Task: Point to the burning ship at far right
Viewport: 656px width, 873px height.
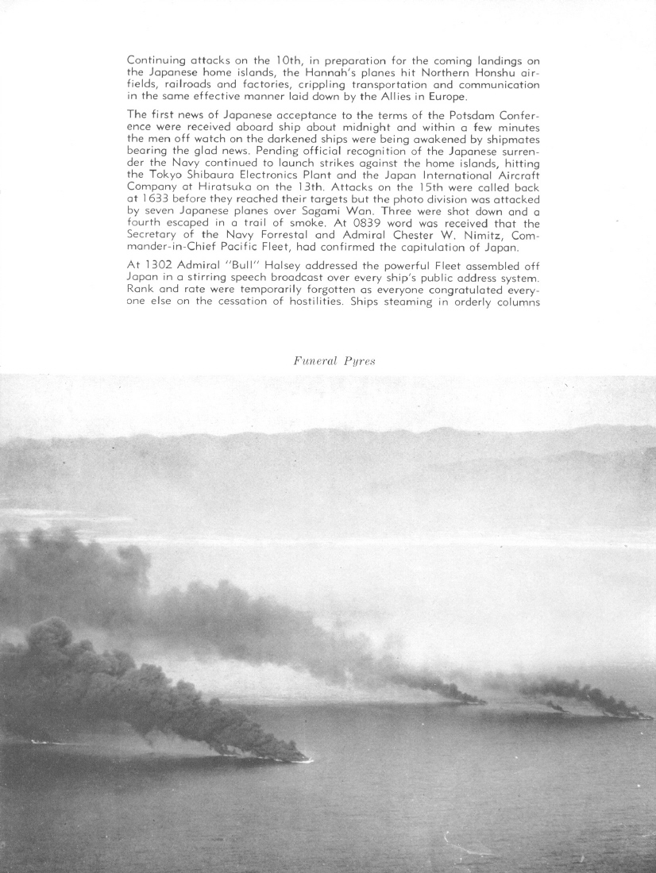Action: point(639,715)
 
